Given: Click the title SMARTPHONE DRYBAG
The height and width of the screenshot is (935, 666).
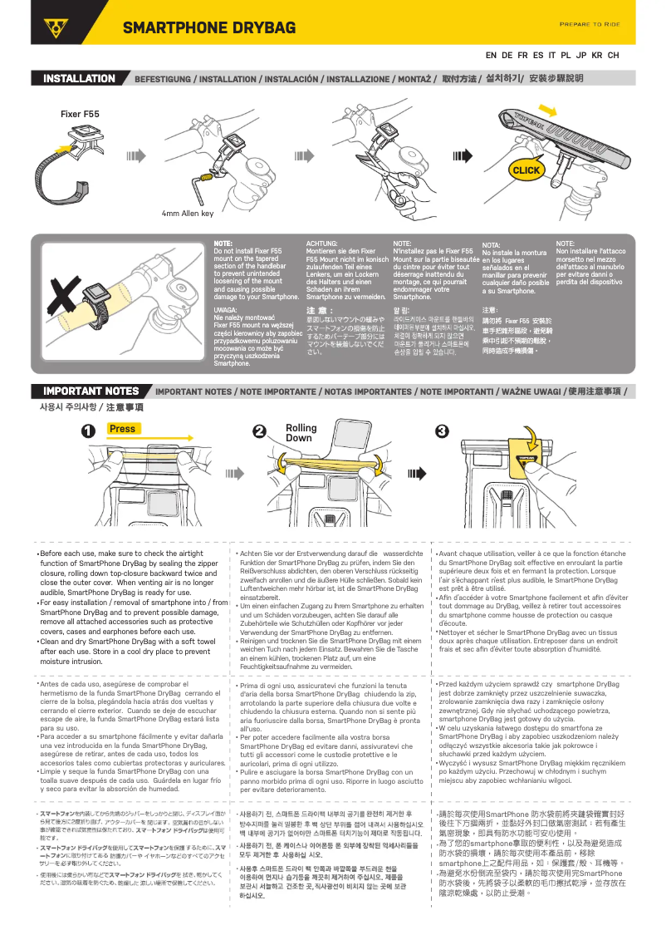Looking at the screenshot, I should pos(209,28).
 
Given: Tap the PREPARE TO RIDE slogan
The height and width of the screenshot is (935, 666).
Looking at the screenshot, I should pos(589,24).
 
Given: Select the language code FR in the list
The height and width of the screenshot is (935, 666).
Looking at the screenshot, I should pos(522,56).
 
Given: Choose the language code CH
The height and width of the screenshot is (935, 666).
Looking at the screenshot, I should pos(613,56).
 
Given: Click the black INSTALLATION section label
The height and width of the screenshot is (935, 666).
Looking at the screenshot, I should pos(79,79).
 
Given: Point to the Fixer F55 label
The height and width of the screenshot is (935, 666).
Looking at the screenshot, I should pos(80,113).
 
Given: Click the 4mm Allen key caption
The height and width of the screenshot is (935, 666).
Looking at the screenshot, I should pos(187,214).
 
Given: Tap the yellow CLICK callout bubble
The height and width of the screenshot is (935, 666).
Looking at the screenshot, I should pos(526,170).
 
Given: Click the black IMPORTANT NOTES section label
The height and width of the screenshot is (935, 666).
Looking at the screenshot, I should pos(91,391).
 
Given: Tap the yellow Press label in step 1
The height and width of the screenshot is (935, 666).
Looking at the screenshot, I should pos(122,429).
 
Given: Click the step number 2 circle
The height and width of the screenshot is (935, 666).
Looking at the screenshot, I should pos(259,431).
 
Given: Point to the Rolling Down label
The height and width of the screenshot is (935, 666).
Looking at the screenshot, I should pos(301,433).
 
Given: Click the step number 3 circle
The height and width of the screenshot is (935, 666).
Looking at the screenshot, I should pos(442,431).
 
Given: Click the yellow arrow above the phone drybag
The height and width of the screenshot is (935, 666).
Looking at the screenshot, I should pos(546,109).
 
